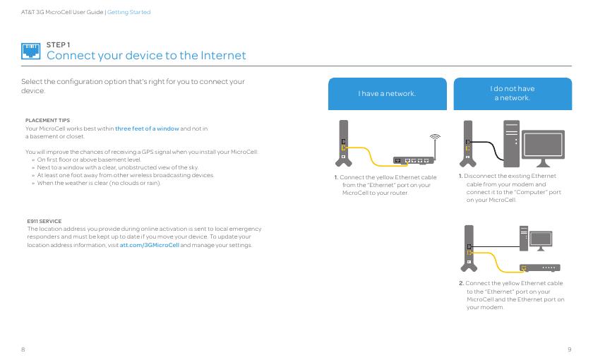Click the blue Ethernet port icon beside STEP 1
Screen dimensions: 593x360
tap(31, 50)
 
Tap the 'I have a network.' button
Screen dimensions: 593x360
tap(387, 94)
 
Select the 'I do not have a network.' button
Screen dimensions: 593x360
tap(512, 93)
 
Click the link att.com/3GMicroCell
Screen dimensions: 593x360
tap(150, 245)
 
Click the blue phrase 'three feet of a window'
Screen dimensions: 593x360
tap(147, 128)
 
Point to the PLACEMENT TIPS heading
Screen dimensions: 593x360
tap(47, 120)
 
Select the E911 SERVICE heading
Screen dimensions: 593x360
tap(44, 221)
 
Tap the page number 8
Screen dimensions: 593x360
tap(23, 349)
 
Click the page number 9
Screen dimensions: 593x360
tap(569, 349)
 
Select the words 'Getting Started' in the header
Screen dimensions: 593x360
tap(129, 12)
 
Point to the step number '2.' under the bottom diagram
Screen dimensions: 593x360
tap(461, 283)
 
